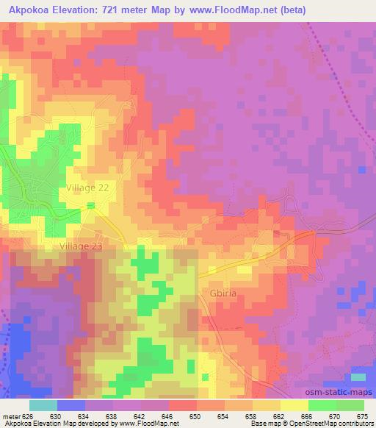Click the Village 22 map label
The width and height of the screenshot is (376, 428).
[87, 188]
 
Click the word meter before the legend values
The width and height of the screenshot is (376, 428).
[10, 416]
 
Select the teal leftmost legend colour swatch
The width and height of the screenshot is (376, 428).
[43, 405]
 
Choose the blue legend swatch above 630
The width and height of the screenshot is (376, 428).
[71, 405]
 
